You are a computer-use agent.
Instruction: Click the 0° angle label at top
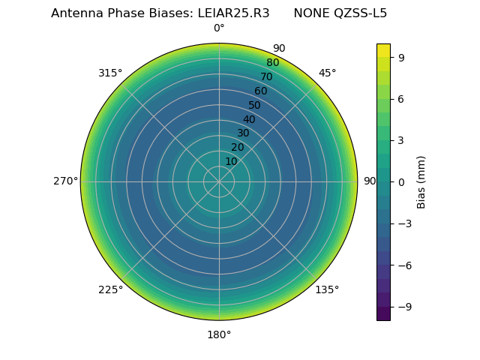(x=219, y=28)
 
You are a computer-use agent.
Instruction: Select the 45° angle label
(x=327, y=73)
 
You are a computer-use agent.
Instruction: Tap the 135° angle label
(x=327, y=290)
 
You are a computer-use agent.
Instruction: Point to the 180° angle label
(x=219, y=334)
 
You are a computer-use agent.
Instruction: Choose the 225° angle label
(x=110, y=290)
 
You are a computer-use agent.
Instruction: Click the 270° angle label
(x=65, y=181)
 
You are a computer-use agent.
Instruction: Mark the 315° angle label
(x=110, y=73)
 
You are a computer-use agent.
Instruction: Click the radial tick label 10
(x=231, y=161)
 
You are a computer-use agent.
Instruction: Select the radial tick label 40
(x=249, y=119)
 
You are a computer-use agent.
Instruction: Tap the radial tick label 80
(x=272, y=62)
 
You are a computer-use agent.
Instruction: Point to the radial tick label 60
(x=260, y=91)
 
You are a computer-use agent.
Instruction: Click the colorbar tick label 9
(x=401, y=57)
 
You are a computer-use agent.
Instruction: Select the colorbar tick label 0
(x=401, y=181)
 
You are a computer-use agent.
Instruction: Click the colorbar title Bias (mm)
(x=421, y=181)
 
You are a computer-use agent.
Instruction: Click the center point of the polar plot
(x=219, y=181)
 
